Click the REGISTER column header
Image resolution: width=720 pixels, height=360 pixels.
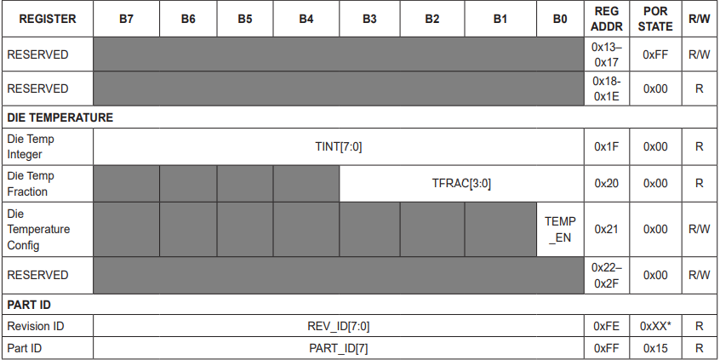(x=48, y=19)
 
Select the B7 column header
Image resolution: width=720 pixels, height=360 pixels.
(x=126, y=19)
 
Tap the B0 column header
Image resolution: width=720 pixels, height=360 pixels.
(x=560, y=19)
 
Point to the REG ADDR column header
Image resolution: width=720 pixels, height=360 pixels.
(x=607, y=19)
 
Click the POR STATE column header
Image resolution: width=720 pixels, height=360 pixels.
(x=655, y=19)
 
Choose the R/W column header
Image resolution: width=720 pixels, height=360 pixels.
(x=699, y=19)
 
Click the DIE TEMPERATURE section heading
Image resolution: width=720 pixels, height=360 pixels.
(x=60, y=117)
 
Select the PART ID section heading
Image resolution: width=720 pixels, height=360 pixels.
(x=29, y=305)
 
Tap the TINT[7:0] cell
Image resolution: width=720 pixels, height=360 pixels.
(x=339, y=147)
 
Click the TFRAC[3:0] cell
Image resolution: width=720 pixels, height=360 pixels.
(x=461, y=184)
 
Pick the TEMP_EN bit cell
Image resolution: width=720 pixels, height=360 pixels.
(x=560, y=230)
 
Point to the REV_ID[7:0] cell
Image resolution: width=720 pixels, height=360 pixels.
(x=339, y=327)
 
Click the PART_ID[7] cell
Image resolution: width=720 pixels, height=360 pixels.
(x=339, y=349)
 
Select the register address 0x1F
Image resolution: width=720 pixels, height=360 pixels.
(x=607, y=147)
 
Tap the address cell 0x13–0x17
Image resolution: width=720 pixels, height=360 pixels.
(x=607, y=54)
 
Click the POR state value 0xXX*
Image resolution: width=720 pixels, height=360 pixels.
(x=655, y=327)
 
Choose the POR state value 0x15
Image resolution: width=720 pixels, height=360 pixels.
(x=655, y=349)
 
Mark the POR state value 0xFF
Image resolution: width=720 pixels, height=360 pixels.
(x=655, y=54)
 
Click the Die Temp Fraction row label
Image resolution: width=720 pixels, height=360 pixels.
(x=31, y=184)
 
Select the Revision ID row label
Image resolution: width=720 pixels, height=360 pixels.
(x=36, y=327)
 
